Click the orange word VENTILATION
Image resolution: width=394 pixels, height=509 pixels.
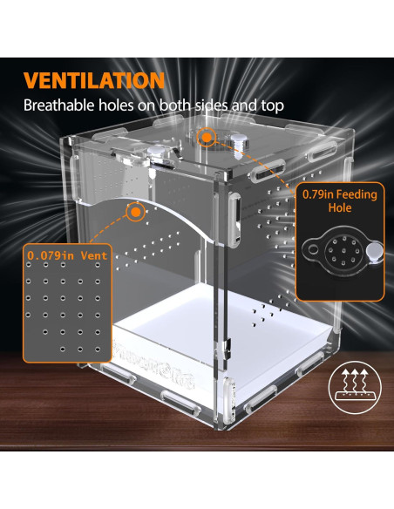94,80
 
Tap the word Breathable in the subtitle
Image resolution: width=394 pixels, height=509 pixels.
58,105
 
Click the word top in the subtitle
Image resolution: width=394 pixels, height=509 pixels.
273,105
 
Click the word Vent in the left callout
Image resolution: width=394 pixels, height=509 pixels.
94,255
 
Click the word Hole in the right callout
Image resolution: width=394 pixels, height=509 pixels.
339,207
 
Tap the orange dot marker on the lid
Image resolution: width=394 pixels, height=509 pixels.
206,138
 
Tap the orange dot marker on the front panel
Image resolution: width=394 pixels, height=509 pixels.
136,212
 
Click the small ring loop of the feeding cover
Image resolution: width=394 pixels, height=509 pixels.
313,249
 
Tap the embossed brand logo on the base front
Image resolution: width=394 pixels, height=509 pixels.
153,363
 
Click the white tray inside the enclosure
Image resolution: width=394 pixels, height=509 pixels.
224,328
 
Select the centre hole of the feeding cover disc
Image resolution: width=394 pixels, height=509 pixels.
343,252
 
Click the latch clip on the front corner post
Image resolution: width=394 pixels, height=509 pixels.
234,220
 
